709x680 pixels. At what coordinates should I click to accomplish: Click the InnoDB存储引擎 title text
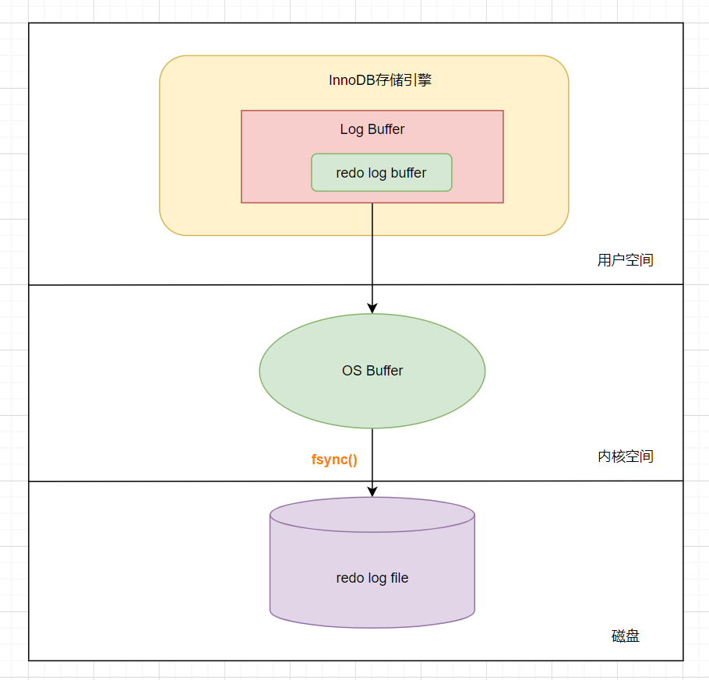coord(379,80)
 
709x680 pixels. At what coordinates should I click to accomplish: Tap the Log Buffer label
coord(372,129)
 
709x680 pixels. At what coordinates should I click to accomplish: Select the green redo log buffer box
coord(381,173)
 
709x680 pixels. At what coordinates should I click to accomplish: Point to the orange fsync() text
coord(334,460)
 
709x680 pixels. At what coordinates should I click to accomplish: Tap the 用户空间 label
coord(625,260)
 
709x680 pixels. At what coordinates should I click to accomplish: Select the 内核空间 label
coord(625,456)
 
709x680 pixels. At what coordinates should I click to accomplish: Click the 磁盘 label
coord(625,636)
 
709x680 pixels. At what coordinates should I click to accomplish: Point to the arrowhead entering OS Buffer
coord(372,308)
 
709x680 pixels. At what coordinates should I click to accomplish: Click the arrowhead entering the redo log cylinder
coord(372,491)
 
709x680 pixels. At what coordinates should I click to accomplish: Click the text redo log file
coord(372,578)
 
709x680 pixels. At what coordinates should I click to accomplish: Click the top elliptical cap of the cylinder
coord(372,515)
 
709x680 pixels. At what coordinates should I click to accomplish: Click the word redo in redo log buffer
coord(349,173)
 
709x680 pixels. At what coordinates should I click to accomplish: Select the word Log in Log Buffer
coord(351,129)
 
